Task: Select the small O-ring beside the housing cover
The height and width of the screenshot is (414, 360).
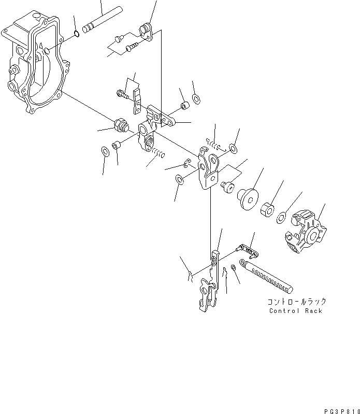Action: [76, 35]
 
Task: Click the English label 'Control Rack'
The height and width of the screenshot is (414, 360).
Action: [295, 311]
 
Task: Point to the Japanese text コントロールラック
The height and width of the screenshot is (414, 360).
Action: [296, 302]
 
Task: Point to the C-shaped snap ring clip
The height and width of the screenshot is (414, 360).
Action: [188, 164]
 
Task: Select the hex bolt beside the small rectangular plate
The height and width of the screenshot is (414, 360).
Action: [122, 94]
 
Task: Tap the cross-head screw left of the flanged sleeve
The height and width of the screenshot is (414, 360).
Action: [226, 185]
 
